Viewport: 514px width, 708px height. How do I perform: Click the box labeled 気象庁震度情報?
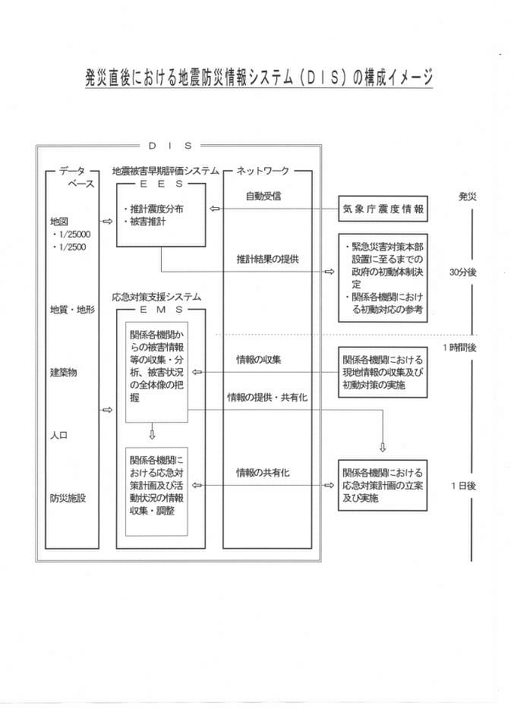tap(383, 209)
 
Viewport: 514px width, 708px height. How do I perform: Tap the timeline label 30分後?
tap(462, 272)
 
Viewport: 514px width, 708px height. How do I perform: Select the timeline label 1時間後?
tap(459, 348)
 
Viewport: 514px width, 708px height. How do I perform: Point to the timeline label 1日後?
tap(463, 486)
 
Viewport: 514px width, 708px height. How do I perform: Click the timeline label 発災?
tap(467, 197)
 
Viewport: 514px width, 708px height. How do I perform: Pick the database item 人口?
tap(58, 436)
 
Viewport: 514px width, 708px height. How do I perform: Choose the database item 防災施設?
tap(68, 498)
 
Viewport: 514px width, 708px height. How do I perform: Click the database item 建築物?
tap(63, 373)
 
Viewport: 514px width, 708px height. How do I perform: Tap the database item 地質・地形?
tap(72, 310)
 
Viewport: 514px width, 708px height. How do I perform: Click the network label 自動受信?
tap(263, 196)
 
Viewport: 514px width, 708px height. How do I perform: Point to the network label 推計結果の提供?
tap(268, 260)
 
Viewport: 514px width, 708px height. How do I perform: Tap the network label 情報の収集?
tap(259, 360)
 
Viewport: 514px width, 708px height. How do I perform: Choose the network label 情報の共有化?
tap(263, 473)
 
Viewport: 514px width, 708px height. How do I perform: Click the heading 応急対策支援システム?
tap(156, 297)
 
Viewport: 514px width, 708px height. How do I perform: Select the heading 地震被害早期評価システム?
tap(166, 171)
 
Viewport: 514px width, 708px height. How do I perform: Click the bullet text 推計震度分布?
tap(156, 209)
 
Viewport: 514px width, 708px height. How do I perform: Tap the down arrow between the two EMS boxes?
tap(152, 431)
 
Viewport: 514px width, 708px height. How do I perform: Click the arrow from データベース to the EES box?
tap(108, 222)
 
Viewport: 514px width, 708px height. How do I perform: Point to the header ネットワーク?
tap(263, 171)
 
